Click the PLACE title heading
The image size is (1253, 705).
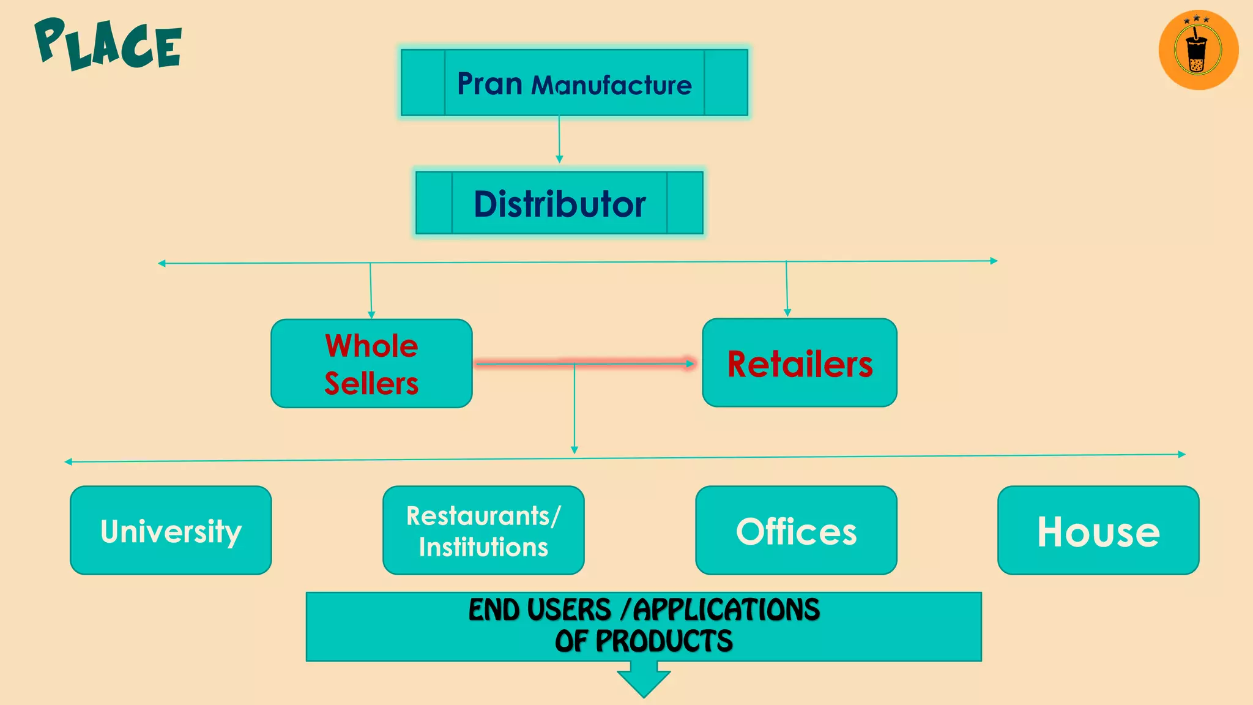click(x=108, y=44)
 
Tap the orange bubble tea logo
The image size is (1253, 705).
click(x=1198, y=50)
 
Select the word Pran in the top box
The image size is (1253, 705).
click(x=489, y=84)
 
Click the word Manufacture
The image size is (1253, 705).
click(x=611, y=86)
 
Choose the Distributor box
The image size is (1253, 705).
click(x=559, y=203)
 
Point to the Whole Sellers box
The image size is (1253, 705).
click(x=371, y=364)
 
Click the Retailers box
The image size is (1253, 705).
click(x=799, y=363)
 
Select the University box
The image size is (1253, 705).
click(x=171, y=531)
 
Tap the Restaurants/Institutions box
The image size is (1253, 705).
click(x=483, y=531)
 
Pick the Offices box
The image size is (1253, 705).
click(x=796, y=531)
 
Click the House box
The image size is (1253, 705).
click(x=1098, y=531)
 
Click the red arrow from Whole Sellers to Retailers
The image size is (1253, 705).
click(x=584, y=364)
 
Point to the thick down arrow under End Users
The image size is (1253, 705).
click(x=644, y=683)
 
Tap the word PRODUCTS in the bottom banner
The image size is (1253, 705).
click(x=664, y=641)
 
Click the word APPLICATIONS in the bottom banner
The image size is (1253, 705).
click(x=726, y=610)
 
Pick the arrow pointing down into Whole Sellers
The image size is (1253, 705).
click(x=371, y=291)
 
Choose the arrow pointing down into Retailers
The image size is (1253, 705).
click(x=787, y=289)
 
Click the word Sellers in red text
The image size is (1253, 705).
click(x=371, y=384)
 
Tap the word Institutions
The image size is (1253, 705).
click(x=483, y=547)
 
